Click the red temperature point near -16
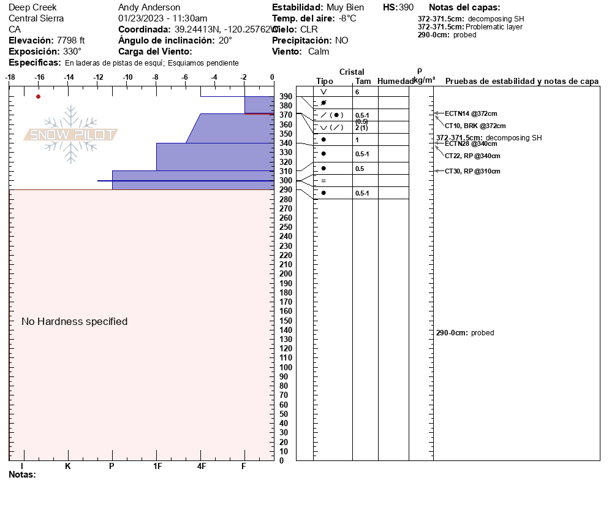(39, 96)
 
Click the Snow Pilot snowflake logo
(71, 135)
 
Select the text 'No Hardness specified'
(75, 321)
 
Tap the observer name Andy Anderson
(149, 7)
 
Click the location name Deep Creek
(32, 7)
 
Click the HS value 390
(406, 7)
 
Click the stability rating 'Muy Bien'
(346, 7)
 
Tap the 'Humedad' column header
(395, 82)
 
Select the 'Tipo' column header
(325, 82)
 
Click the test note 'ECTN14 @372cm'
(471, 113)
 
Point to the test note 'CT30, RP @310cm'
(472, 171)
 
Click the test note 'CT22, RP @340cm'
(472, 156)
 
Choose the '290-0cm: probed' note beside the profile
(465, 333)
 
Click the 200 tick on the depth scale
(286, 274)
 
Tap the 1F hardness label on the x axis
(157, 466)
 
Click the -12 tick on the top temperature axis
(98, 77)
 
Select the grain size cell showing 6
(357, 92)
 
